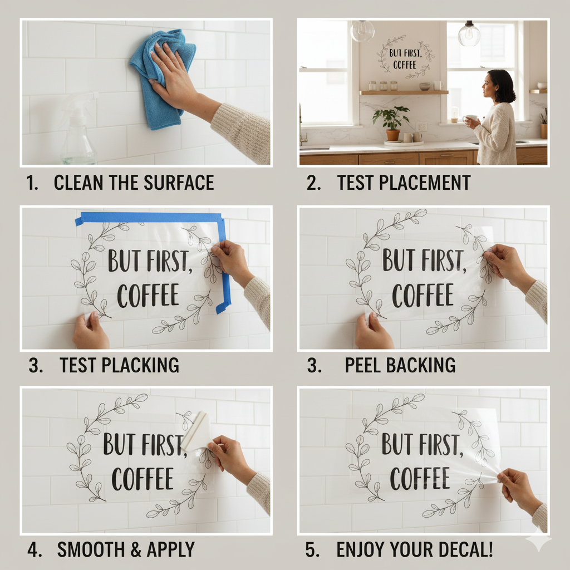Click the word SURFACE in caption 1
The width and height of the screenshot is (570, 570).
tap(179, 183)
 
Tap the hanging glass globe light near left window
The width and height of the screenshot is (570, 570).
tap(362, 31)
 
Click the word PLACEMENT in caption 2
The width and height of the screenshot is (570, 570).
tap(425, 183)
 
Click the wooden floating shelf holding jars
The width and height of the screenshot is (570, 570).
tap(404, 92)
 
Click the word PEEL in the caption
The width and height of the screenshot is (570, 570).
tap(362, 365)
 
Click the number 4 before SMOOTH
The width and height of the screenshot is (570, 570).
tap(33, 549)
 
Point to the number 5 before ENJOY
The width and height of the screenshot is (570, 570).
tap(311, 549)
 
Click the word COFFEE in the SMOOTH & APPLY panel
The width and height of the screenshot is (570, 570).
tap(142, 478)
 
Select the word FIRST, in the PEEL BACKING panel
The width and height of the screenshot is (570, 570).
tap(444, 261)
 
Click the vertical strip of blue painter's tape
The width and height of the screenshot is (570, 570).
tap(225, 266)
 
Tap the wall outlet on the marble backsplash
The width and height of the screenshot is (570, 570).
tap(421, 126)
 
